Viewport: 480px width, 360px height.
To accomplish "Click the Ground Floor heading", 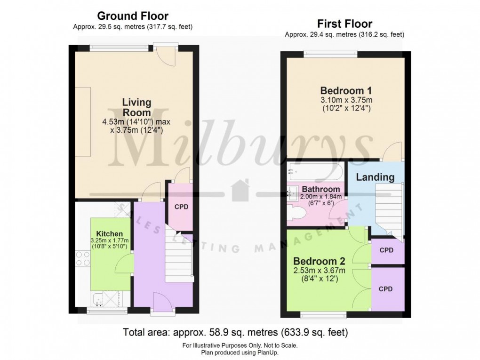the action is coord(133,16).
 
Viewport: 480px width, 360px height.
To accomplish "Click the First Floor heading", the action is coord(344,24).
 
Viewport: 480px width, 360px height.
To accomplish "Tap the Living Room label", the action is coord(136,107).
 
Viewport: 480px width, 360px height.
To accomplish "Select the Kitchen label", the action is coord(109,234).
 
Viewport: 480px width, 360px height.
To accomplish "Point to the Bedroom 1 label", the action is coord(346,91).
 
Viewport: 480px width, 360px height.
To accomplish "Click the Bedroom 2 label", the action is coord(319,261).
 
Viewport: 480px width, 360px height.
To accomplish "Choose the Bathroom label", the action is coord(321,189).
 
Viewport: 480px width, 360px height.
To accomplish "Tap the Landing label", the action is coord(375,177).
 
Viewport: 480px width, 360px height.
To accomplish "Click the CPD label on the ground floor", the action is coord(181,207).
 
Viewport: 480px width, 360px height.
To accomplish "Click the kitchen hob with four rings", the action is coord(83,258).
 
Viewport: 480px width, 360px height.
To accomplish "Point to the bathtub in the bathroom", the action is coord(315,171).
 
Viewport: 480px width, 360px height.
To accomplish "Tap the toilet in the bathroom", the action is coord(296,212).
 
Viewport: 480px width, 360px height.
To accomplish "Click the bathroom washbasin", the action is coord(292,193).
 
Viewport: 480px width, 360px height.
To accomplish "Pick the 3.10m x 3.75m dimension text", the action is coord(346,100).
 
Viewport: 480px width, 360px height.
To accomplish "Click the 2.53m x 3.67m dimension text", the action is coord(319,271).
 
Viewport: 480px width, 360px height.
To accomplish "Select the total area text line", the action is coord(235,332).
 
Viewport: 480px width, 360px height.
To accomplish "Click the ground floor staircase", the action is coord(179,255).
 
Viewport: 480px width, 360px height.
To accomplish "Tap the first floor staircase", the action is coord(389,212).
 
